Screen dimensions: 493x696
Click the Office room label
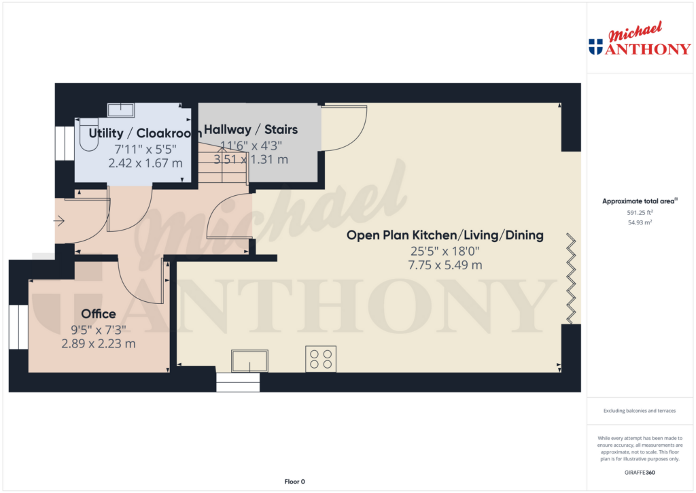[x=99, y=314]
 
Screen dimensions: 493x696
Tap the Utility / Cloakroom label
[x=145, y=132]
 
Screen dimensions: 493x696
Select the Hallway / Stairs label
[x=251, y=130]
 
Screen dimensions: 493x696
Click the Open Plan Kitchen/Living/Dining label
[x=445, y=235]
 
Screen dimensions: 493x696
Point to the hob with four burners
[x=321, y=358]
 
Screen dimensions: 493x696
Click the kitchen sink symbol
[x=249, y=360]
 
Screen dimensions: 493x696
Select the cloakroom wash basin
[x=122, y=110]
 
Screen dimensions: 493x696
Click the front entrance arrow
[x=59, y=220]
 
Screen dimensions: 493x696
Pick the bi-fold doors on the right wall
[x=572, y=278]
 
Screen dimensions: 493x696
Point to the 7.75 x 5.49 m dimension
[x=445, y=265]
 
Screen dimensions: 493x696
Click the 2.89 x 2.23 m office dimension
[x=99, y=344]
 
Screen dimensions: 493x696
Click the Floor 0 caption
[x=294, y=481]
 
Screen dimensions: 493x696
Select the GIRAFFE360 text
[x=640, y=472]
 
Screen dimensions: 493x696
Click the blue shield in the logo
[x=595, y=47]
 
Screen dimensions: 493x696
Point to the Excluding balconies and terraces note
[x=640, y=411]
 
